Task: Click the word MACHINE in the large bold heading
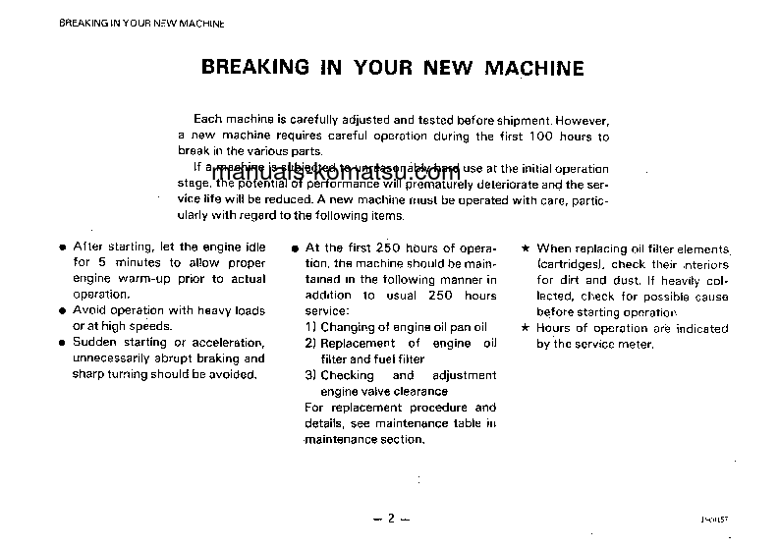pos(534,68)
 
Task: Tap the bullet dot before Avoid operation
pos(63,311)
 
